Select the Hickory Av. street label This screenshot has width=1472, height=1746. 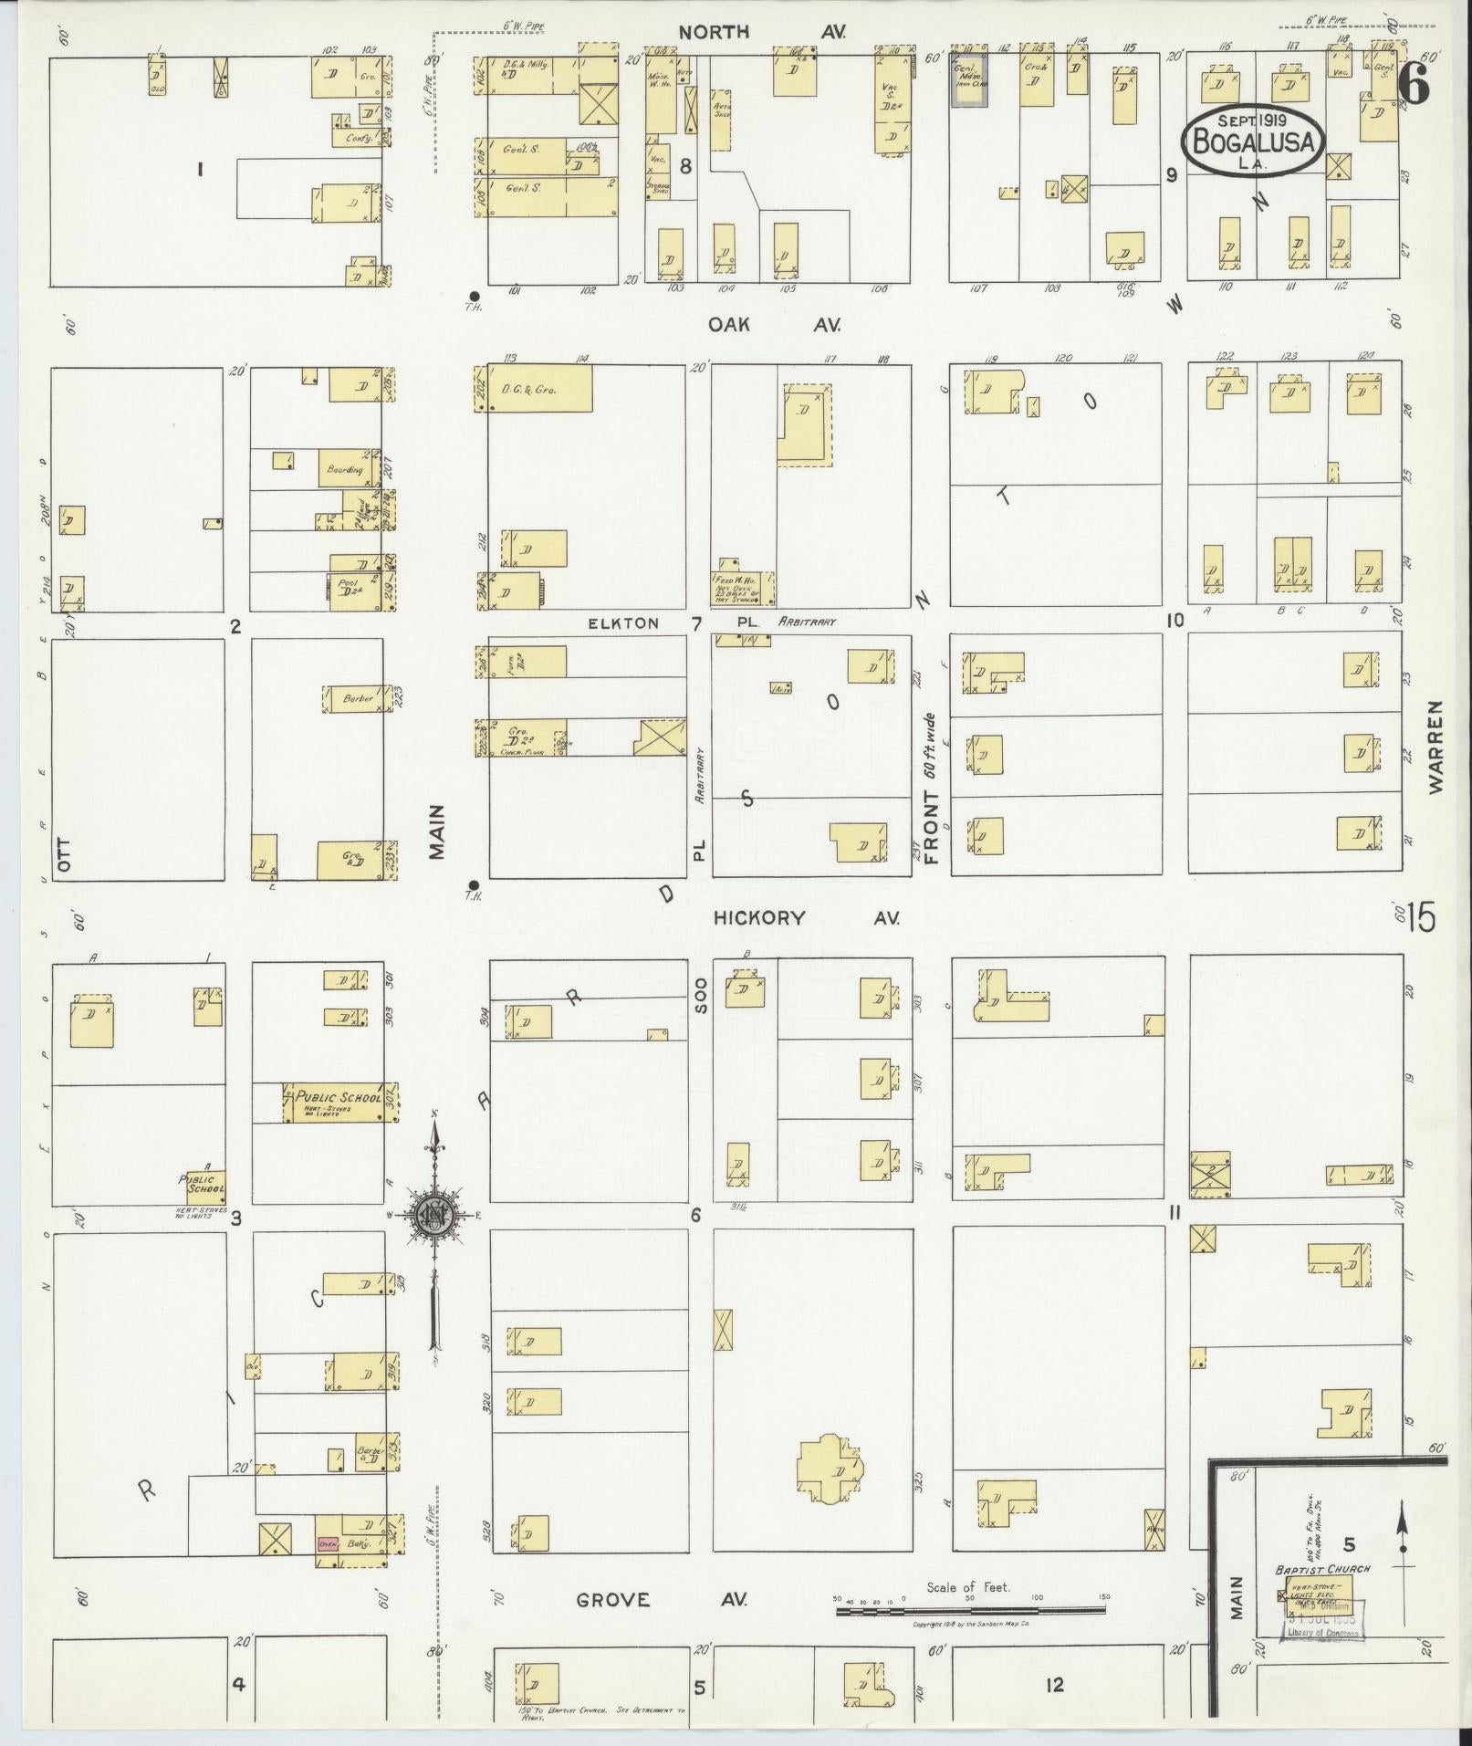click(x=806, y=917)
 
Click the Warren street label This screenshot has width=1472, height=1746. click(x=1438, y=747)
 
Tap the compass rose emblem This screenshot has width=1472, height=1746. click(x=435, y=1214)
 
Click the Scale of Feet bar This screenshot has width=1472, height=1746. click(x=969, y=1612)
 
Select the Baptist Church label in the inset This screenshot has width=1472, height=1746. click(x=1322, y=1570)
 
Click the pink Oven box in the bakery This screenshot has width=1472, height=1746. click(x=329, y=1544)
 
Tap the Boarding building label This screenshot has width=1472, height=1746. click(x=345, y=469)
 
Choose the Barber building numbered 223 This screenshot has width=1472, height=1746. click(x=358, y=699)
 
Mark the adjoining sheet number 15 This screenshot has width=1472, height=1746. click(x=1420, y=917)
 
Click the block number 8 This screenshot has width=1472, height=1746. click(x=685, y=166)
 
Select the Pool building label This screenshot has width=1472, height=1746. click(x=348, y=585)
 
